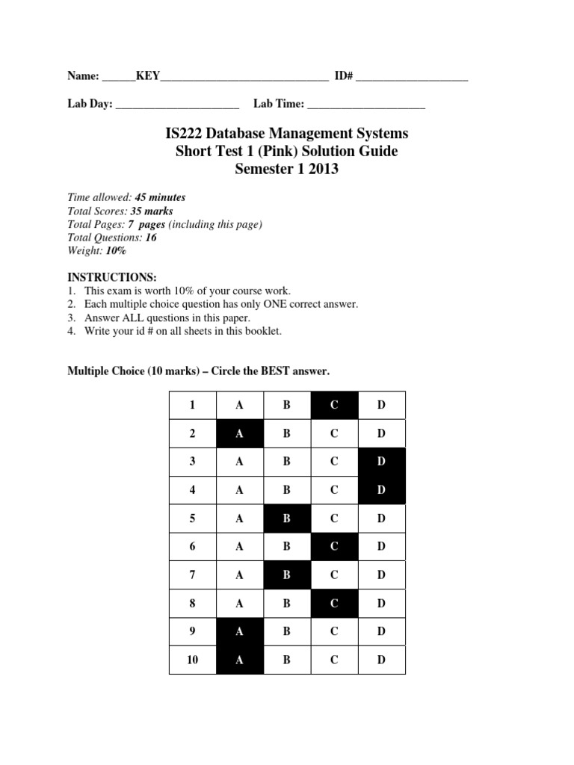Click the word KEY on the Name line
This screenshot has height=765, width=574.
(147, 75)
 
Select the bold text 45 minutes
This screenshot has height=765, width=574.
(160, 197)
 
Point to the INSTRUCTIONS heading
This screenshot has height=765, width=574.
(112, 276)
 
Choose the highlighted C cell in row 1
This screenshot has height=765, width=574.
(334, 405)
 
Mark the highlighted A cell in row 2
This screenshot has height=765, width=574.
(240, 433)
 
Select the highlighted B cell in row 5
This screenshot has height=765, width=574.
(287, 518)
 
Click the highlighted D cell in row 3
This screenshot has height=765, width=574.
(381, 462)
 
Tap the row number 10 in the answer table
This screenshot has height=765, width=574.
(192, 660)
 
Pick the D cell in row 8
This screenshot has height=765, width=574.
(381, 604)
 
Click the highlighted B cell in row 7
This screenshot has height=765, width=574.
(287, 575)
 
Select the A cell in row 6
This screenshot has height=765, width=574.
(240, 546)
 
